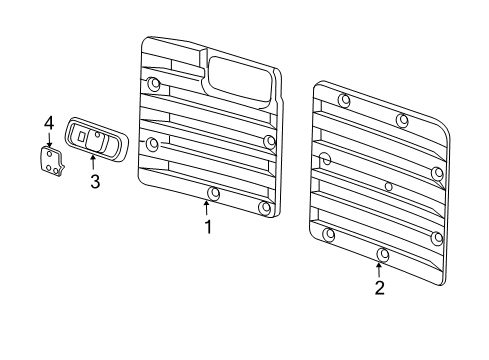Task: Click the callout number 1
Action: [208, 228]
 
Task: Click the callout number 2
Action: [379, 289]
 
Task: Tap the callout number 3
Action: [95, 182]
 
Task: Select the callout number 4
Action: [48, 122]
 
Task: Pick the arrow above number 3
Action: [94, 162]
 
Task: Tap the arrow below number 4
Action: [48, 140]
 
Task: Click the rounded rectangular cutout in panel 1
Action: [241, 78]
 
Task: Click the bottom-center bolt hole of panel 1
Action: [213, 192]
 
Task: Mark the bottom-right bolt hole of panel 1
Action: [264, 207]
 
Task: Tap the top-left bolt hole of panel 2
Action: [344, 100]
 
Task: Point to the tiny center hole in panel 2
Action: [387, 186]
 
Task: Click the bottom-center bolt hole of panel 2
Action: [382, 254]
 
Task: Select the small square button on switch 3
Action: [84, 139]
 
